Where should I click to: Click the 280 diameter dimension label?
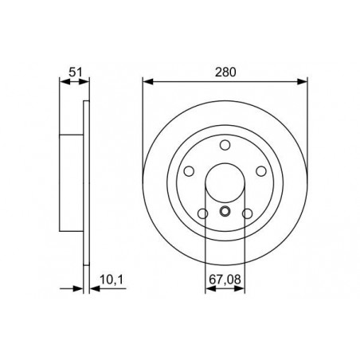[x=225, y=72]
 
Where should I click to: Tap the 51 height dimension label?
[x=76, y=72]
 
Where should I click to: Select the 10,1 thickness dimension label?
[x=112, y=280]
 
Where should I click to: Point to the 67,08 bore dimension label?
[x=225, y=280]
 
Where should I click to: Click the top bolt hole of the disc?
[x=225, y=145]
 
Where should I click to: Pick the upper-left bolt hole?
[x=189, y=171]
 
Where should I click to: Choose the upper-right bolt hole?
[x=261, y=171]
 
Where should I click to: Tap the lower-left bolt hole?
[x=203, y=213]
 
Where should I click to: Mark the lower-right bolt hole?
[x=248, y=213]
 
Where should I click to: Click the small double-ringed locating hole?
[x=225, y=211]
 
